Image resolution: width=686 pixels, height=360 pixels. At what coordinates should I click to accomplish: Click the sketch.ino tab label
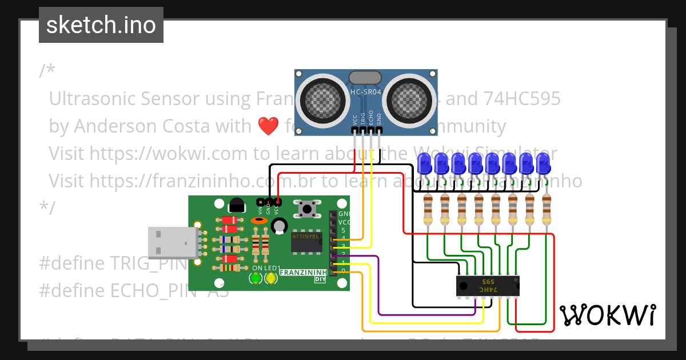click(x=101, y=25)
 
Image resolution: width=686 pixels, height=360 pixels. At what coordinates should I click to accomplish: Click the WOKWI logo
click(x=607, y=315)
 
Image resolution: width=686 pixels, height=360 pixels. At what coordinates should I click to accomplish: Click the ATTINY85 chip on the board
click(x=306, y=242)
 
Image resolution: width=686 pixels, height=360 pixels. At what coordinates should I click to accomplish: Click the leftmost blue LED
click(x=425, y=163)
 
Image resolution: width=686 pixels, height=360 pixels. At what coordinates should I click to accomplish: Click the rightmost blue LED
click(x=544, y=163)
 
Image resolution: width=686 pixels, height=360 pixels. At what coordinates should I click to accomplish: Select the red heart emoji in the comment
click(x=268, y=126)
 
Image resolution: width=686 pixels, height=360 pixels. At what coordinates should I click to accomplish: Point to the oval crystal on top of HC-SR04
click(x=365, y=77)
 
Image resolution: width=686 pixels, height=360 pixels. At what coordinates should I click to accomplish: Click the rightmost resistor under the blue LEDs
click(x=547, y=210)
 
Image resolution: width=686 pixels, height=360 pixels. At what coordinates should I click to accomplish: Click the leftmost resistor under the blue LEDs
click(x=428, y=210)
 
